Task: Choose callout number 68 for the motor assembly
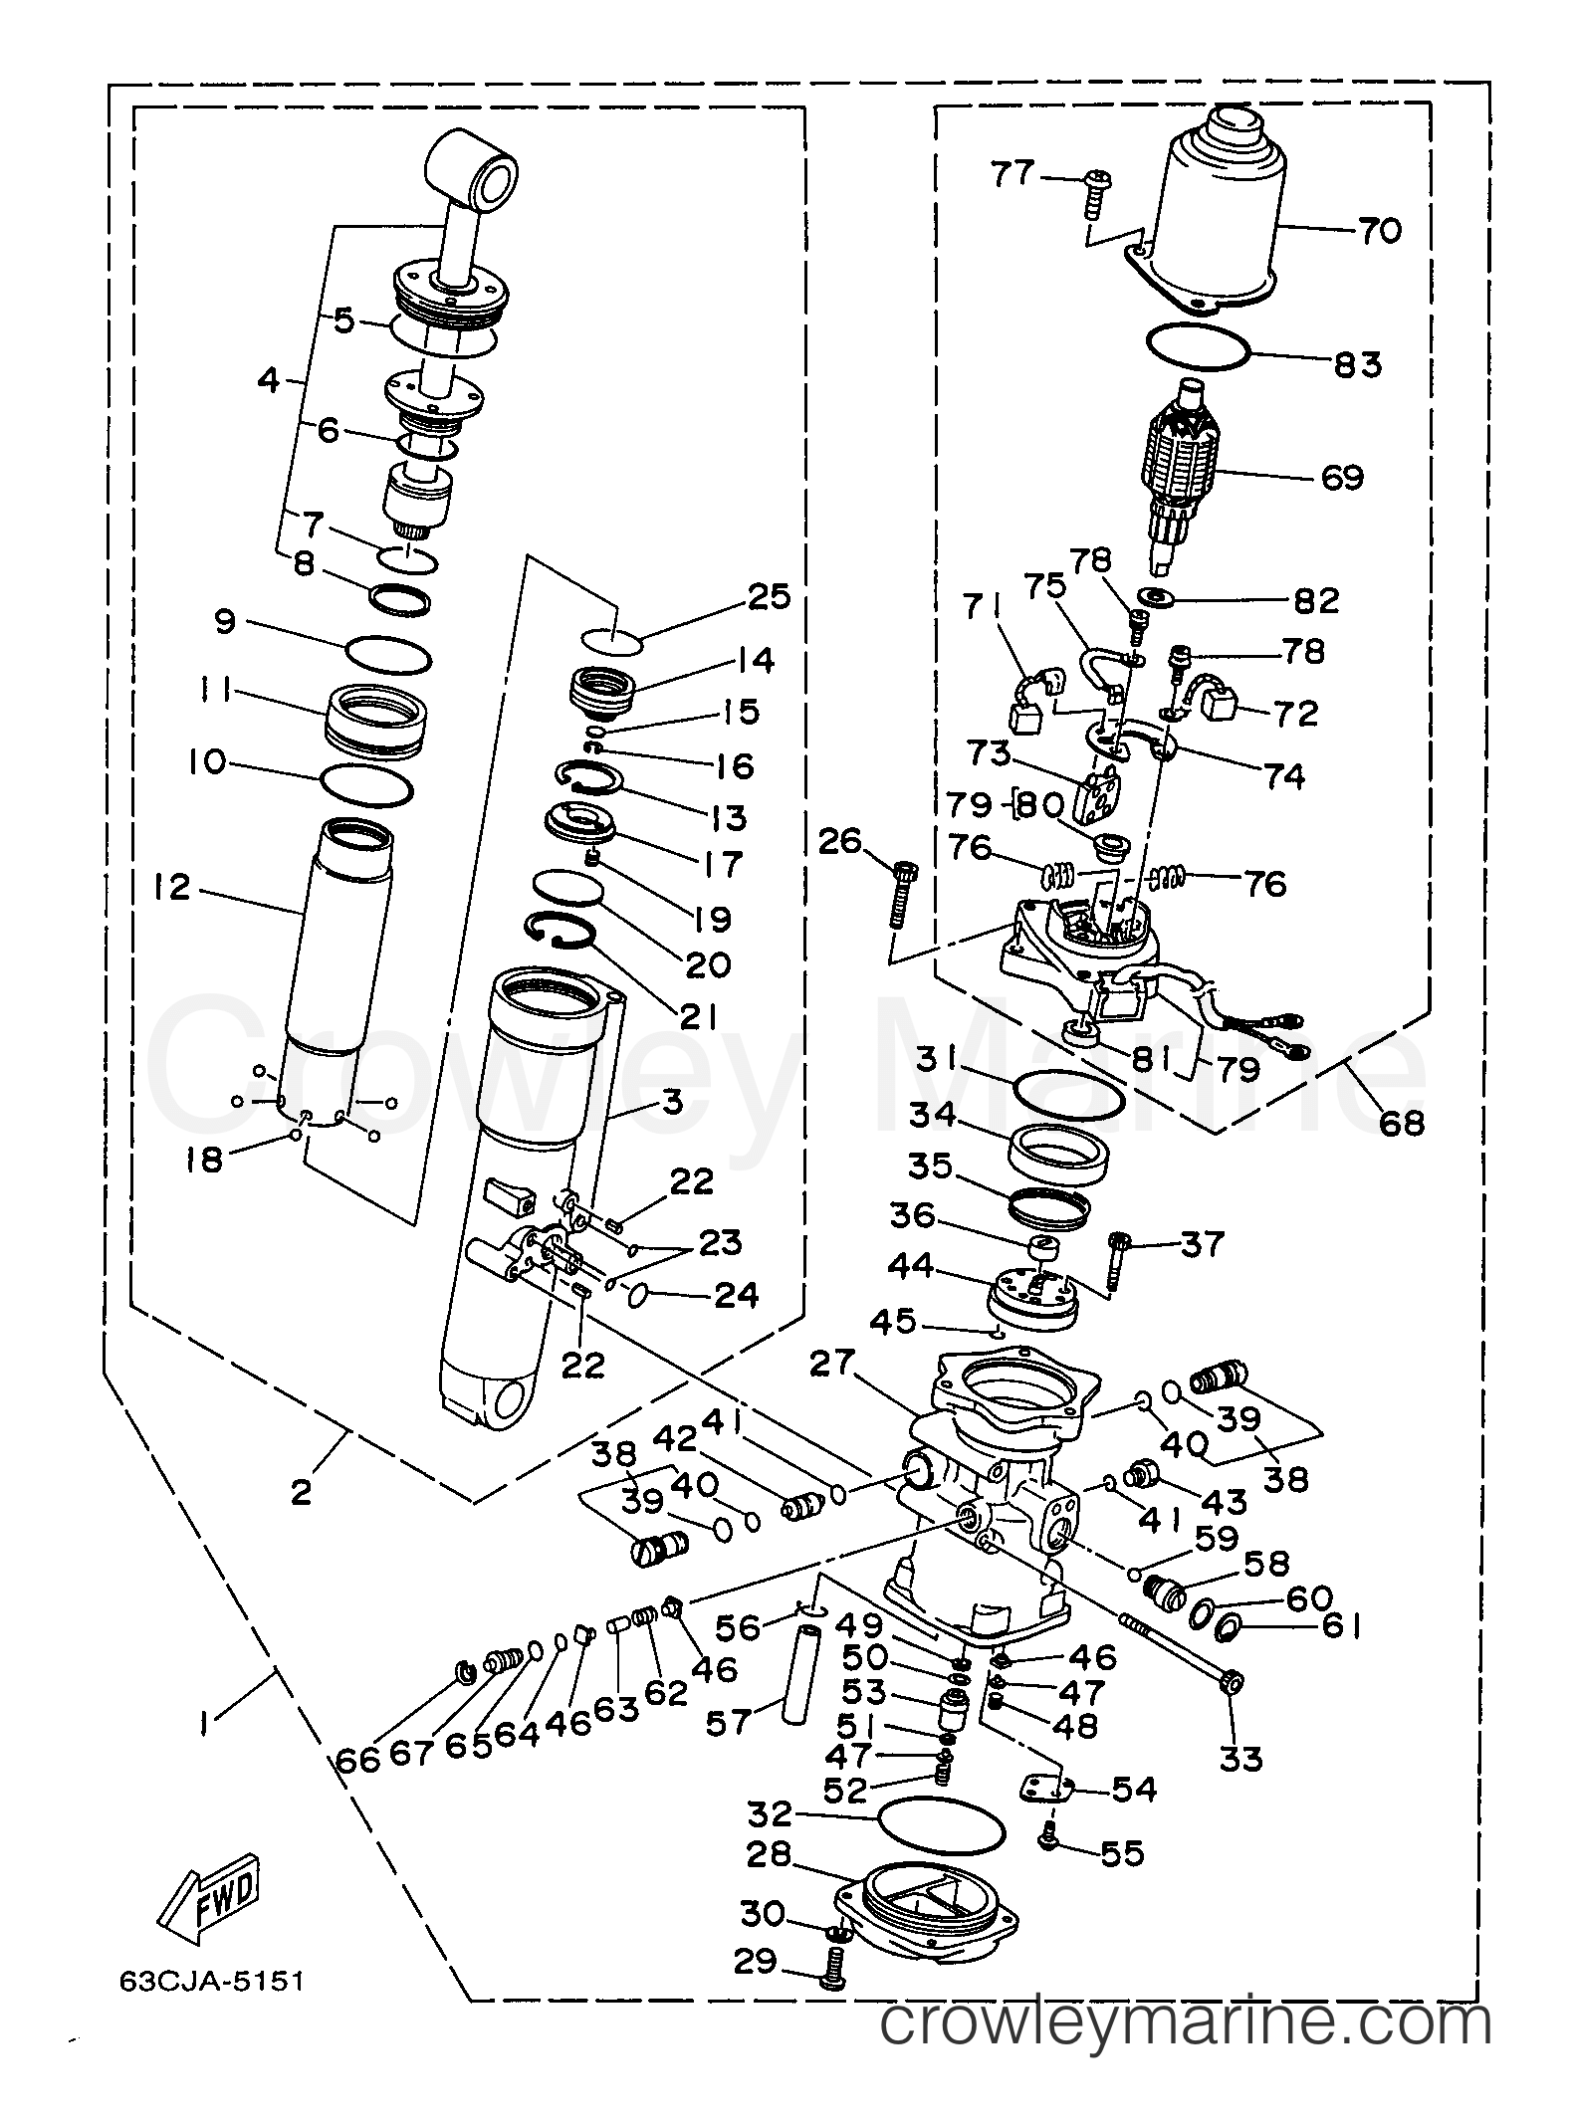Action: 1402,1123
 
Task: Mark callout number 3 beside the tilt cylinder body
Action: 672,1103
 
